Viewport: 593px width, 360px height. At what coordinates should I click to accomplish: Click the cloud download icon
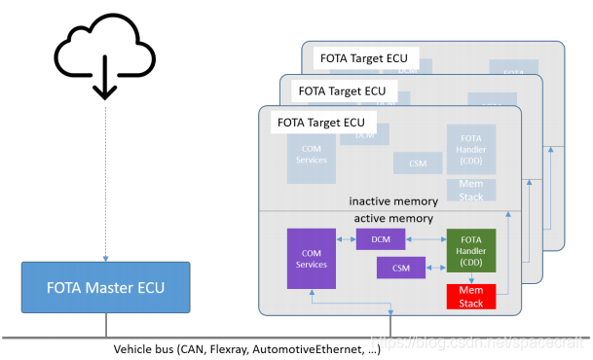coord(102,56)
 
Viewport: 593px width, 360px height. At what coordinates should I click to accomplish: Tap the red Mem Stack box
coord(470,297)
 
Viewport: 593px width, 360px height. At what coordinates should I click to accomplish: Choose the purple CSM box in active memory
coord(401,266)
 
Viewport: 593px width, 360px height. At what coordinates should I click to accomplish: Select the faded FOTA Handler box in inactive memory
coord(470,149)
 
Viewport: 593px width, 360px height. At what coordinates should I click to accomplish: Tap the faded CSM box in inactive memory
coord(417,162)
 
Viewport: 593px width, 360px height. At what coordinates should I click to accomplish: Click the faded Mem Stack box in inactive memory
coord(470,190)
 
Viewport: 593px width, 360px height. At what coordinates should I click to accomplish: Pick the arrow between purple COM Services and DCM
coord(346,238)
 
